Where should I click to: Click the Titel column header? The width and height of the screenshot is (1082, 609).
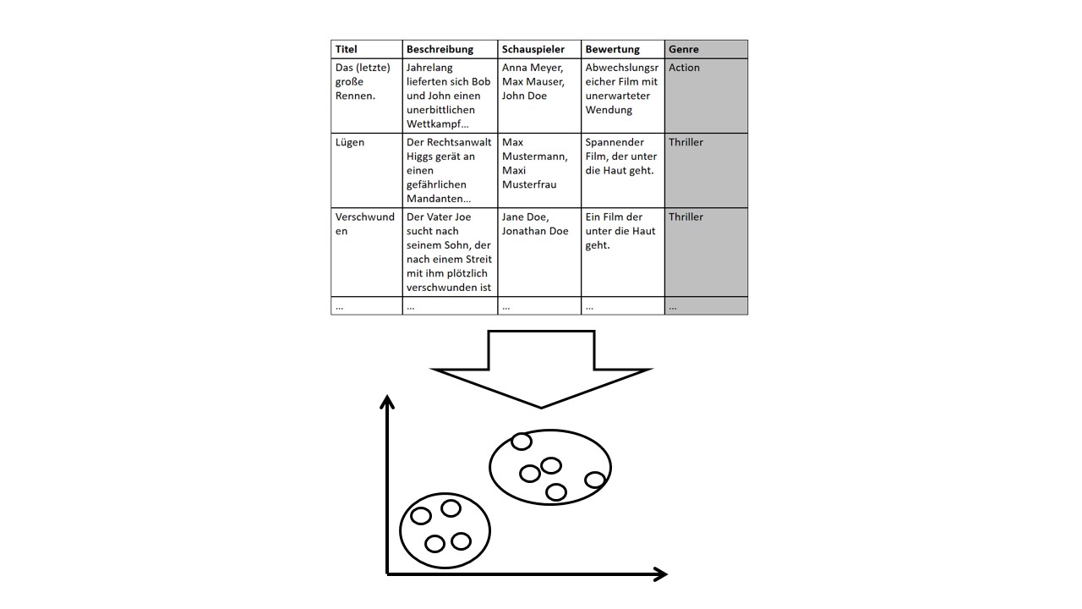click(x=366, y=49)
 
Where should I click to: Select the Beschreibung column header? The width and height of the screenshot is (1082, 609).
click(x=450, y=49)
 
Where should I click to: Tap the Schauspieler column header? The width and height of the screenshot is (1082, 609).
click(x=538, y=49)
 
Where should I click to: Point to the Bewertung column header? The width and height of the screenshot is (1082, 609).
click(x=622, y=49)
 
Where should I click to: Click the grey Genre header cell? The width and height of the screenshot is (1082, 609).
click(x=706, y=49)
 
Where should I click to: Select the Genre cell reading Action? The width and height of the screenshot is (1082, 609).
click(x=706, y=95)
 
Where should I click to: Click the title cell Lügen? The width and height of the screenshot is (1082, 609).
click(x=366, y=170)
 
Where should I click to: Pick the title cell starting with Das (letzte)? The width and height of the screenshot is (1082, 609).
click(x=366, y=95)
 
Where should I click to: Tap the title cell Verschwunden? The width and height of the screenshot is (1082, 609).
click(x=366, y=252)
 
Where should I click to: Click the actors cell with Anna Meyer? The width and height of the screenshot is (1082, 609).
click(x=538, y=95)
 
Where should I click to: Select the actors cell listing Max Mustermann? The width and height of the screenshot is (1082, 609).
click(x=538, y=170)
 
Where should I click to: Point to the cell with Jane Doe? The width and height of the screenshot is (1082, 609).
click(x=538, y=252)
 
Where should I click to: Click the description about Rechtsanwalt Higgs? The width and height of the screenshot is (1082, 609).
click(x=450, y=170)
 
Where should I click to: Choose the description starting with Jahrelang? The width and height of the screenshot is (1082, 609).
click(x=450, y=95)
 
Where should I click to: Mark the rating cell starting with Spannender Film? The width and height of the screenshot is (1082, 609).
click(x=622, y=170)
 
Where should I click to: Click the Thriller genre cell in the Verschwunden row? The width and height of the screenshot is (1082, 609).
click(x=706, y=252)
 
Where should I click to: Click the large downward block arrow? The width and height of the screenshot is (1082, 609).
click(x=541, y=368)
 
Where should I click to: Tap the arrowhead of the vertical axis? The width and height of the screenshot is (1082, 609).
click(x=387, y=401)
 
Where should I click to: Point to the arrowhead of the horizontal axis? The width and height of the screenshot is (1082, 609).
click(x=661, y=574)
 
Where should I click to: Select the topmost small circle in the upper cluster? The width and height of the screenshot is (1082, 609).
click(x=522, y=441)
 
